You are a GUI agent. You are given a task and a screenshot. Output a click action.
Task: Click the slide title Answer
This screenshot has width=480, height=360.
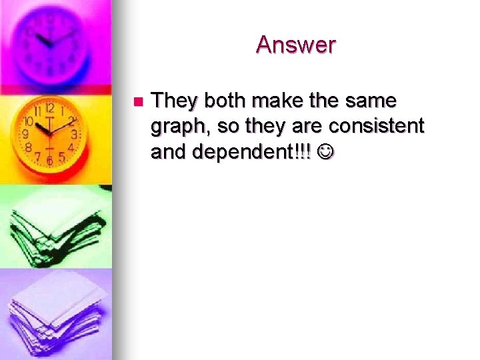pyautogui.click(x=295, y=45)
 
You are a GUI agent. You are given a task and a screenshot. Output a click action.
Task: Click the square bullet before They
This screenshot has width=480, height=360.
pyautogui.click(x=137, y=102)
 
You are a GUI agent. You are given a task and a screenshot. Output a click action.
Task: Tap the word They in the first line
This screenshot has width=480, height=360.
pyautogui.click(x=175, y=101)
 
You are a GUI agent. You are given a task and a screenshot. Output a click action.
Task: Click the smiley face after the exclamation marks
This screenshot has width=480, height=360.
pyautogui.click(x=327, y=153)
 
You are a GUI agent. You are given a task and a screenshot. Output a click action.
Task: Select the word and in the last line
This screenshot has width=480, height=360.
pyautogui.click(x=169, y=152)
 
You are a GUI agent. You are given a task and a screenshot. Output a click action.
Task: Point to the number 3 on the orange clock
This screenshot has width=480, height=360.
pyautogui.click(x=74, y=134)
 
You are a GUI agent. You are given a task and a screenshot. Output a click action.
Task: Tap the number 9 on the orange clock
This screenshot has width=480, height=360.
pyautogui.click(x=25, y=133)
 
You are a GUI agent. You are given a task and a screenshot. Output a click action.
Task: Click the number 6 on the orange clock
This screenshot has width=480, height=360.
pyautogui.click(x=49, y=161)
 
